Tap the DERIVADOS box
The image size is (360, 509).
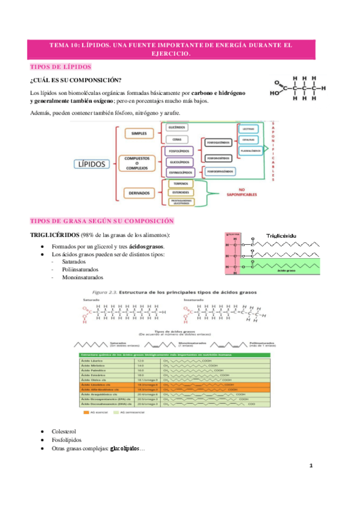click(139, 193)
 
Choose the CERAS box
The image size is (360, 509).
click(177, 139)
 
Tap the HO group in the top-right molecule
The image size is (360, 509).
click(275, 93)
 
